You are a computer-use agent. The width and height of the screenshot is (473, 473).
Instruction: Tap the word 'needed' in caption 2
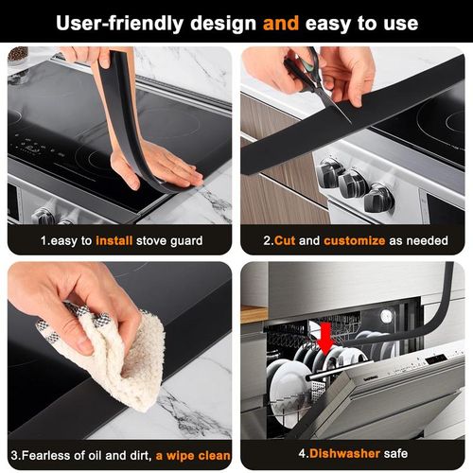point(427,241)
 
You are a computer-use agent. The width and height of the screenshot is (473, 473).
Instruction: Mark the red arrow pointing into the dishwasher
point(324,337)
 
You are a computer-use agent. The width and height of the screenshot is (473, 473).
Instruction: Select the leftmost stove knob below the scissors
point(330,173)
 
